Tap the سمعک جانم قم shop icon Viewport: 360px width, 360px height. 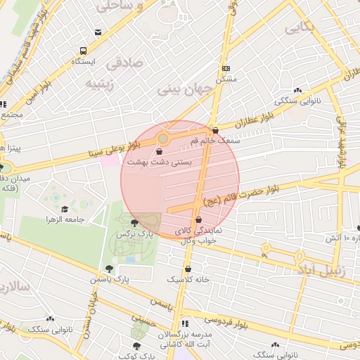tap(215, 131)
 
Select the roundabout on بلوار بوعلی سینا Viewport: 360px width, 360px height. tap(163, 139)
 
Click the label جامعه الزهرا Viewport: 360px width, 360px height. tap(65, 220)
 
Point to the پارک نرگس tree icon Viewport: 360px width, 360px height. tap(134, 223)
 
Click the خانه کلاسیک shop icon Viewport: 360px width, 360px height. tap(188, 269)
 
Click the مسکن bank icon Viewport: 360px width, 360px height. tap(226, 68)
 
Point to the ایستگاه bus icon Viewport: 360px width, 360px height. tap(83, 51)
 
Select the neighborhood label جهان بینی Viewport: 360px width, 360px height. tap(184, 89)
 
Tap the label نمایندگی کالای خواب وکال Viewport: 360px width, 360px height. tap(198, 235)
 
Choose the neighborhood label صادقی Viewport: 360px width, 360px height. tap(124, 63)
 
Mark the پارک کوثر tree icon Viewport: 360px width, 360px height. tap(136, 345)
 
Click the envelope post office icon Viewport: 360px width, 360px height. tap(98, 32)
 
